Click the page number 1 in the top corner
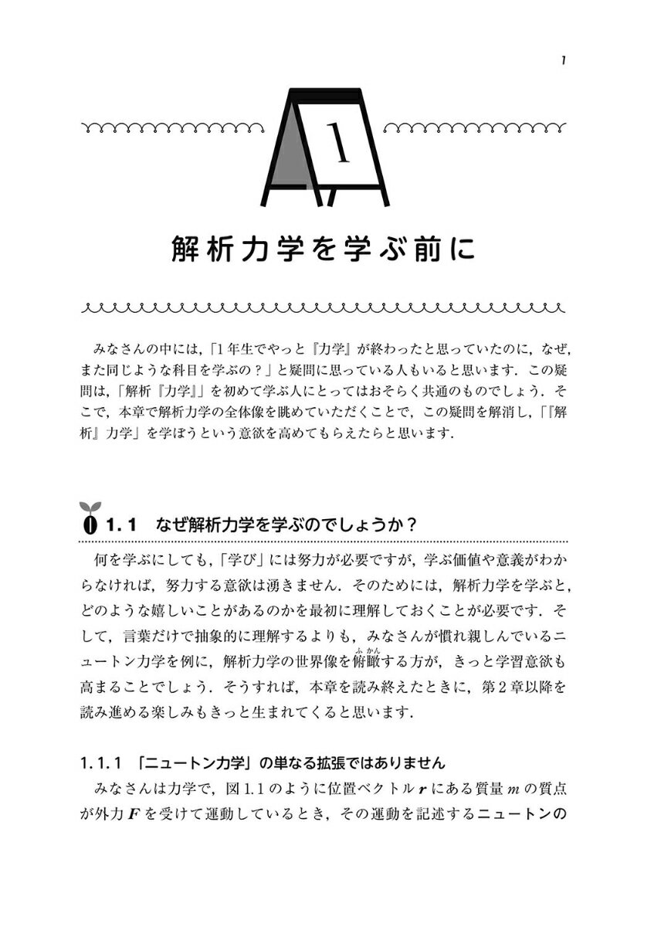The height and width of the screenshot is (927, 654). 565,60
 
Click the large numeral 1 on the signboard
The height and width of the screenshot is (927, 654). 337,144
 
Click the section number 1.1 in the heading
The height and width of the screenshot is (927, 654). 121,525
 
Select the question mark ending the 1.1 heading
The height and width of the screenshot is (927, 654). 412,525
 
